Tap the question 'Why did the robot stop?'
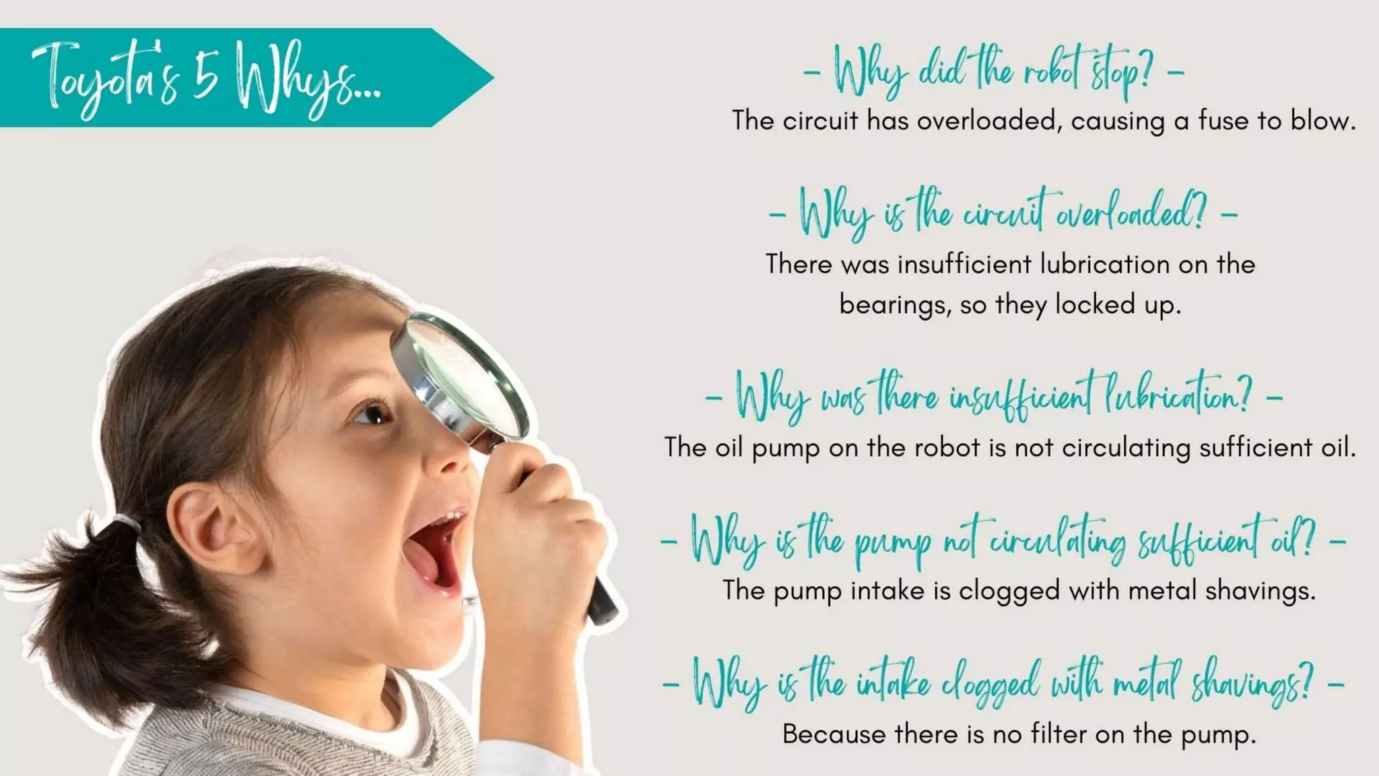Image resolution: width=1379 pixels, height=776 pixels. click(x=993, y=70)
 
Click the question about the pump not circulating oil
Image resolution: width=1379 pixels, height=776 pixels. click(x=1003, y=542)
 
